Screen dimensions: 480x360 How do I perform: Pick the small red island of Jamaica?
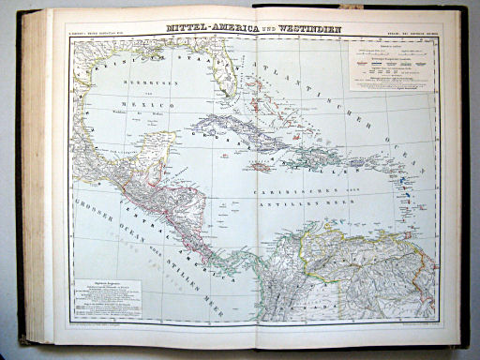[x=261, y=167]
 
